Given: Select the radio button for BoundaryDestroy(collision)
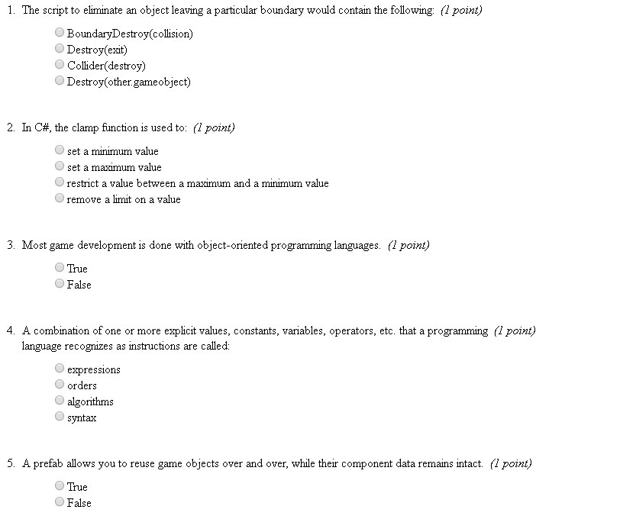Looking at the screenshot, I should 60,34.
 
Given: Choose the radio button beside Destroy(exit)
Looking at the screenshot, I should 60,50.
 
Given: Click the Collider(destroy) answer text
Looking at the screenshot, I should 106,66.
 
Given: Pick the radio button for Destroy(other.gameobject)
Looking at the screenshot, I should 60,81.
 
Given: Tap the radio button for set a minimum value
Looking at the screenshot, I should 60,151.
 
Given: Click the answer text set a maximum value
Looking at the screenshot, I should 115,167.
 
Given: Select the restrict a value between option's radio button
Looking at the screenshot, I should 60,183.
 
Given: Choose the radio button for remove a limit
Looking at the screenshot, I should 60,199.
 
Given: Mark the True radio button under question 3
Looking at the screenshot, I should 60,268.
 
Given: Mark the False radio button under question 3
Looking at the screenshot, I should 60,284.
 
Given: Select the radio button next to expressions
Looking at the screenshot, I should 60,369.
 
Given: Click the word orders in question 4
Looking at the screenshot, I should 82,385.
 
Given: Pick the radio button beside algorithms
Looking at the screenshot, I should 60,401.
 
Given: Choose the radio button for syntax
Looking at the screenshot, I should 60,417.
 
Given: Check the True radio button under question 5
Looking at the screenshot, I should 60,486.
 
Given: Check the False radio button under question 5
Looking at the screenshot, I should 60,502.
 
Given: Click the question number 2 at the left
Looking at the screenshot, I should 11,128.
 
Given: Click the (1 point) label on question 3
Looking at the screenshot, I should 408,245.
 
